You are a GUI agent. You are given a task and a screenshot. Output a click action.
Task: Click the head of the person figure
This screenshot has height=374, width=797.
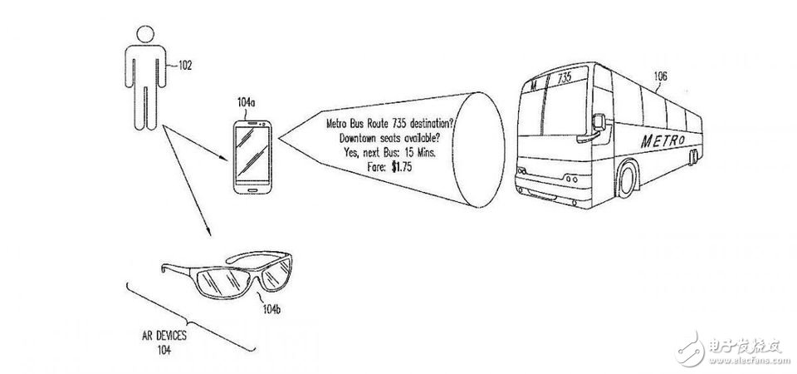[144, 35]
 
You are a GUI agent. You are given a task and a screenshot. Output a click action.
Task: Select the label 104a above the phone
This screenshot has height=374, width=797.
[247, 103]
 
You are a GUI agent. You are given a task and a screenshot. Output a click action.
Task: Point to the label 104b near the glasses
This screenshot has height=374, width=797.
[272, 309]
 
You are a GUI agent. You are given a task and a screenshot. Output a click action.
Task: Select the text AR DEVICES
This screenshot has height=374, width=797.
[164, 336]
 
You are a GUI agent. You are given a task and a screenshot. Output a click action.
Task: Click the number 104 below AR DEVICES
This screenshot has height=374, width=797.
[164, 350]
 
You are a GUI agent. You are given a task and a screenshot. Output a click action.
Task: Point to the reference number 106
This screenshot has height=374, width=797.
[660, 76]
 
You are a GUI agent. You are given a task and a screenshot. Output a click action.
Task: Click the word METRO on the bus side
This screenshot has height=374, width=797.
[663, 140]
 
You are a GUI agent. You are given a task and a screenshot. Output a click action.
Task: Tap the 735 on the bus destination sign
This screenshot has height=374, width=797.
[565, 78]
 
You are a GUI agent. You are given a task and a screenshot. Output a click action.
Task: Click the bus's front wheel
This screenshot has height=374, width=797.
[628, 180]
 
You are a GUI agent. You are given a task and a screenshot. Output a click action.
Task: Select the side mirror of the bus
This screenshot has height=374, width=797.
[599, 122]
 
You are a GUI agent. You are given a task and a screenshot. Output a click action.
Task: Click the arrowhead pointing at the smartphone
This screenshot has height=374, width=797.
[224, 159]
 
